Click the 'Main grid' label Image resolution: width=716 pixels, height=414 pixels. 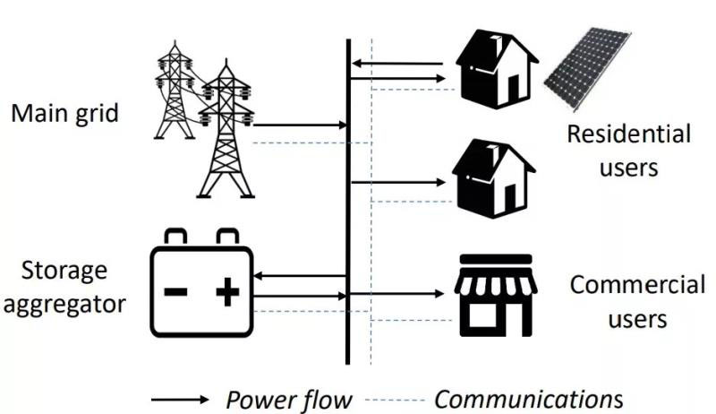(x=64, y=114)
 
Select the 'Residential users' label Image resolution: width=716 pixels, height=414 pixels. (x=629, y=151)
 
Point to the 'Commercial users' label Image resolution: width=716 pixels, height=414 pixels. (x=637, y=302)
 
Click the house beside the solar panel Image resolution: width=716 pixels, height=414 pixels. (x=495, y=67)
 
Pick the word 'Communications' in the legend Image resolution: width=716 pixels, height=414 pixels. (x=528, y=398)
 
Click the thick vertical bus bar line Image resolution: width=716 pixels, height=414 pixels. (x=347, y=202)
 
